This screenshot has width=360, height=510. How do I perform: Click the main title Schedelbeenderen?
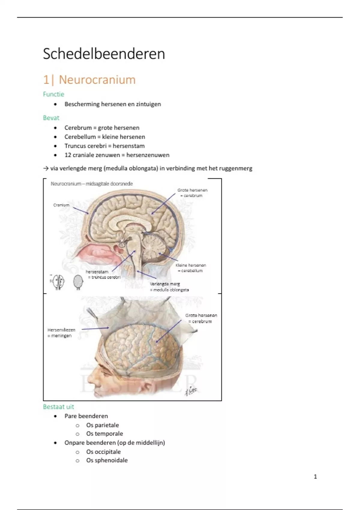click(104, 54)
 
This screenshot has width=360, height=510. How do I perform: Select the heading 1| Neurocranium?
click(89, 80)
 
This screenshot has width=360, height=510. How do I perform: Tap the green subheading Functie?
click(53, 94)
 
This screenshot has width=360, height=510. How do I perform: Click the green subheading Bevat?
click(51, 118)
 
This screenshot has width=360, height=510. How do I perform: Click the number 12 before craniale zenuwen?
click(67, 155)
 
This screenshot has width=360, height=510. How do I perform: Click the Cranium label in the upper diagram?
click(61, 205)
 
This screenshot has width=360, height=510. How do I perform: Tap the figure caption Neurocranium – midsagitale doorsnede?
click(91, 184)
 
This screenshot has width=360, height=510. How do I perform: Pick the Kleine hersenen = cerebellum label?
click(191, 268)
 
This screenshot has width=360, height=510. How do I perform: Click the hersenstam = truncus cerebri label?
click(103, 274)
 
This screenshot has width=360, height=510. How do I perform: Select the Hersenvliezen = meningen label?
click(61, 333)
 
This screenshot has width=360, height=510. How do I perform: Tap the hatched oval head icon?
click(78, 282)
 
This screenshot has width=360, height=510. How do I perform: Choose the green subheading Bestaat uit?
click(58, 407)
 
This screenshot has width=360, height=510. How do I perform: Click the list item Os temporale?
click(104, 434)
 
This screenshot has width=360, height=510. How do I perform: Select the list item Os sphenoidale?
click(107, 460)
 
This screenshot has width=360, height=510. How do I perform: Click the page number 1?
click(315, 476)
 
